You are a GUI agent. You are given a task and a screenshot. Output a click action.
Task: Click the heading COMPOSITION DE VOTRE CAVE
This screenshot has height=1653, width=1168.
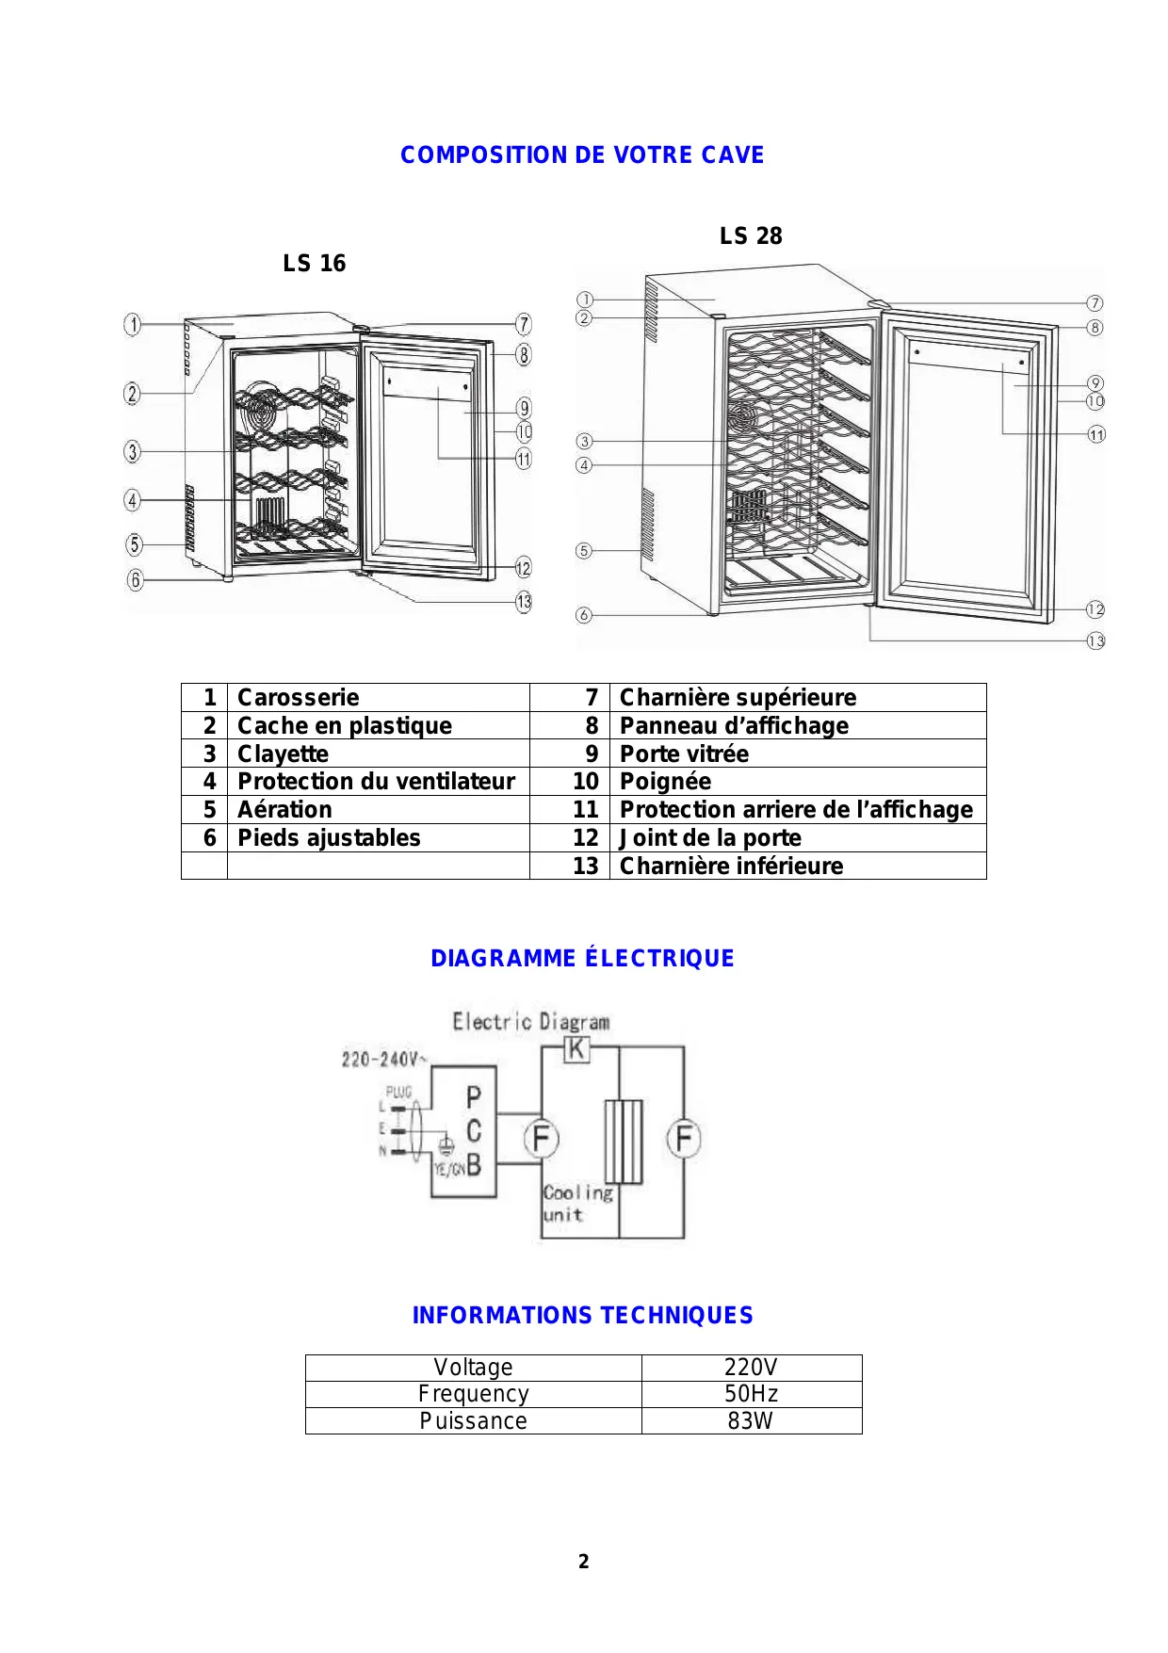click(582, 155)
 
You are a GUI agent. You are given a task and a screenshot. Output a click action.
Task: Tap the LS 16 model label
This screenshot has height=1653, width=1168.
click(315, 264)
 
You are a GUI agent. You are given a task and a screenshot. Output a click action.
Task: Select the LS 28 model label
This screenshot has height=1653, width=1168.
click(751, 236)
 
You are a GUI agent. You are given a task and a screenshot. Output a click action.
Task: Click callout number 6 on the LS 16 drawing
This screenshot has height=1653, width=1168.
click(136, 580)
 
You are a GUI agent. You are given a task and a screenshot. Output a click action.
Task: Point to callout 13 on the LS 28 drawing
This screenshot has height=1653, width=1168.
click(1095, 641)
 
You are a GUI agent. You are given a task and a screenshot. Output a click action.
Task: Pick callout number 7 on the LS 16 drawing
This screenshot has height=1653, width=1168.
click(524, 325)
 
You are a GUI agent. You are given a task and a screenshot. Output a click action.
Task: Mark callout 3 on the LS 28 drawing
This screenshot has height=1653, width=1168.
click(585, 441)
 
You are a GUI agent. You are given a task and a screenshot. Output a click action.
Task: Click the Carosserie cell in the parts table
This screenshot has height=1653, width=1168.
click(299, 698)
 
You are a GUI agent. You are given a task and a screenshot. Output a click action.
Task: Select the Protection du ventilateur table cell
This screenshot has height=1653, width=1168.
click(376, 782)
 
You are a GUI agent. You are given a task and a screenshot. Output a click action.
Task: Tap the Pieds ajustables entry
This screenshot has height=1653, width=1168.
click(329, 838)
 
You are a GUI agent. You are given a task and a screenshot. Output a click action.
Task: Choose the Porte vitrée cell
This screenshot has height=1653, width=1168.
click(685, 754)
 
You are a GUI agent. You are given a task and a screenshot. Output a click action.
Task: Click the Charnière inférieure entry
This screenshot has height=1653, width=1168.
click(732, 867)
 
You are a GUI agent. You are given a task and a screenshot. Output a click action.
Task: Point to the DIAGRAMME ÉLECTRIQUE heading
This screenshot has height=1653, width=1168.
click(582, 959)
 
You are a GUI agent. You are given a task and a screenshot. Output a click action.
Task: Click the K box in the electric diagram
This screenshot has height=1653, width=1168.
click(576, 1048)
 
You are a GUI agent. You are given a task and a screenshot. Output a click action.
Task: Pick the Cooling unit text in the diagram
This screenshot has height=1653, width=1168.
click(576, 1204)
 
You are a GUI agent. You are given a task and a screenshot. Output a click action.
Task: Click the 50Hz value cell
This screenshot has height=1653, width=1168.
click(751, 1394)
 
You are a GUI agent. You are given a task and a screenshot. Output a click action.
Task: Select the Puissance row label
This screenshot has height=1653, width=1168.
click(473, 1421)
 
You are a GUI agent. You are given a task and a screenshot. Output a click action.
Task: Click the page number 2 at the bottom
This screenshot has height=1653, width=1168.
click(584, 1562)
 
